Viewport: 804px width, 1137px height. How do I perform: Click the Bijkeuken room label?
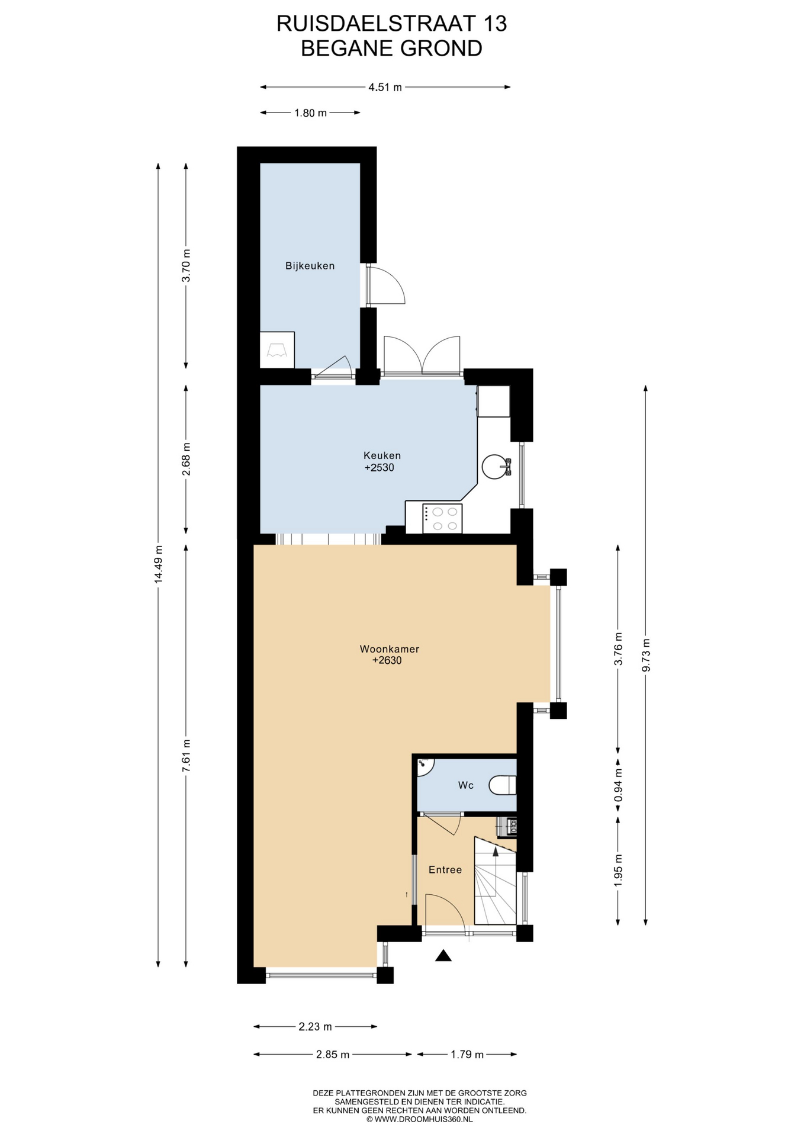click(310, 266)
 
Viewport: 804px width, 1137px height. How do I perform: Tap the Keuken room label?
click(382, 455)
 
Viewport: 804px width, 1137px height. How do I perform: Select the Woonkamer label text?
click(389, 649)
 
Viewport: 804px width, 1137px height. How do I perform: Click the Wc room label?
click(465, 785)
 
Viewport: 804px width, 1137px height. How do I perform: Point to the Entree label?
click(445, 870)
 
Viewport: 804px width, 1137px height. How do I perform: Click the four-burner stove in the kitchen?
click(442, 519)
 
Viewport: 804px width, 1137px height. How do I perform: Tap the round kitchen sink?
click(496, 467)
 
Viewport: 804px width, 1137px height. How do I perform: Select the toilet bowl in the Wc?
click(503, 785)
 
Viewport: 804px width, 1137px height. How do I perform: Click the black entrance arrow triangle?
click(443, 955)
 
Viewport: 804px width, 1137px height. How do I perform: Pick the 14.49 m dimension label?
click(158, 564)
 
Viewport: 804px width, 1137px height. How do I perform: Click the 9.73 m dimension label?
click(646, 655)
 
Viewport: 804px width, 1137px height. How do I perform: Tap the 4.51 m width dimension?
click(385, 88)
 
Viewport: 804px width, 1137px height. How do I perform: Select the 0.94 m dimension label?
click(618, 785)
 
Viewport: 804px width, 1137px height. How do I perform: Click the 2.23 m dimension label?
click(315, 1026)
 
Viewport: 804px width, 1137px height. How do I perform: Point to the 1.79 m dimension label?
click(467, 1054)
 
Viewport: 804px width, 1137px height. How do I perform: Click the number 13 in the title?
click(494, 24)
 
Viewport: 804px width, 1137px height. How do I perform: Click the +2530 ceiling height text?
click(379, 468)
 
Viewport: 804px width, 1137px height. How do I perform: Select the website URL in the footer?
click(419, 1119)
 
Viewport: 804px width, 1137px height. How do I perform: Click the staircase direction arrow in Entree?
click(496, 851)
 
